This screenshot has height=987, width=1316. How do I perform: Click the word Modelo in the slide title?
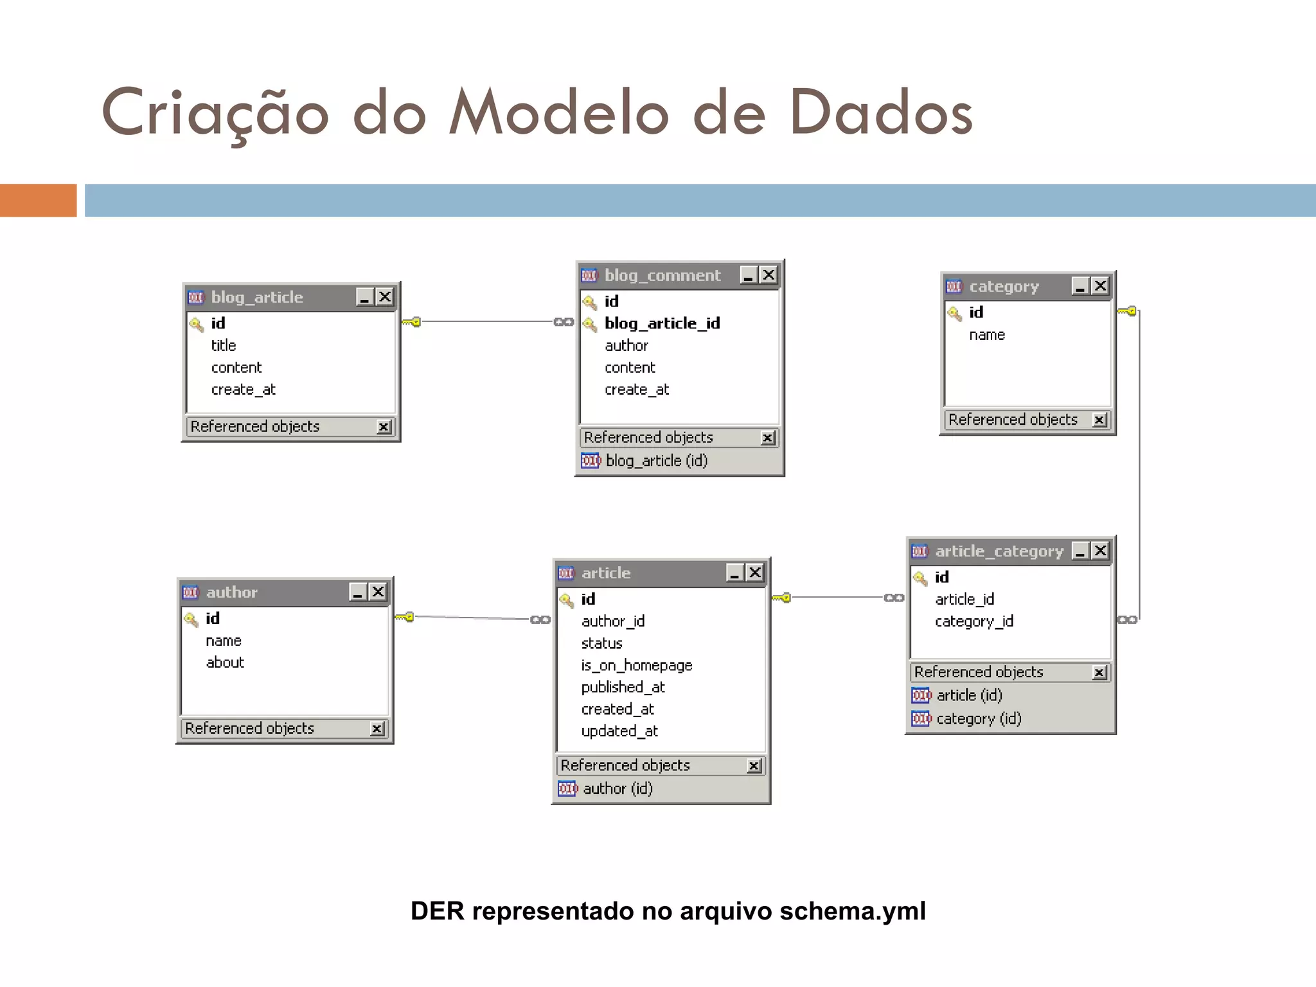tap(559, 113)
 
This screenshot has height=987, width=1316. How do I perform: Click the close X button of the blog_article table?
tap(385, 297)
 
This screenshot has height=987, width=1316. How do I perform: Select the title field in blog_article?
tap(224, 346)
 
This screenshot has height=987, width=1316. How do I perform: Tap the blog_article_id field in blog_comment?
tap(662, 323)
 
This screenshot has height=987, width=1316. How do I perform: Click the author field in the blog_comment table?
tap(626, 346)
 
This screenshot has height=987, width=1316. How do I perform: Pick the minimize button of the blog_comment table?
tap(748, 275)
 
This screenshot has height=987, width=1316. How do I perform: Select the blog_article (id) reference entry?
tap(656, 461)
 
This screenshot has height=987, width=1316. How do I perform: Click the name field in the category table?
tap(986, 335)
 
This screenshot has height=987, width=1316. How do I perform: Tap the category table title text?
tap(1004, 287)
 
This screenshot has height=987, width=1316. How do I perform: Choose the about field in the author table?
tap(225, 662)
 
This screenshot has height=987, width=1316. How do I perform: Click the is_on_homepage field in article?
tap(636, 665)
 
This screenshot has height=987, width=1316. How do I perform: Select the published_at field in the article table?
tap(623, 687)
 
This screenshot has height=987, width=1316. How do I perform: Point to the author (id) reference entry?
tap(617, 788)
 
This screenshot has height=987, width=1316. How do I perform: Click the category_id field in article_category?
tap(974, 621)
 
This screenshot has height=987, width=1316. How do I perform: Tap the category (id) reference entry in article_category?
tap(978, 718)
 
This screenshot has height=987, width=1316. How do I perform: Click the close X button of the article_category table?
tap(1101, 551)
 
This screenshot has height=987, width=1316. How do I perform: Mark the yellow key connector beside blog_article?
tap(412, 321)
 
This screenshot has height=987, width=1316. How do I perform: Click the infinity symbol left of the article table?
tap(540, 619)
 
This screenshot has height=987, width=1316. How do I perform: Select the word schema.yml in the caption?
tap(852, 911)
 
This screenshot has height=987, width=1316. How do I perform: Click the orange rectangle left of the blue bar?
tap(38, 200)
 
